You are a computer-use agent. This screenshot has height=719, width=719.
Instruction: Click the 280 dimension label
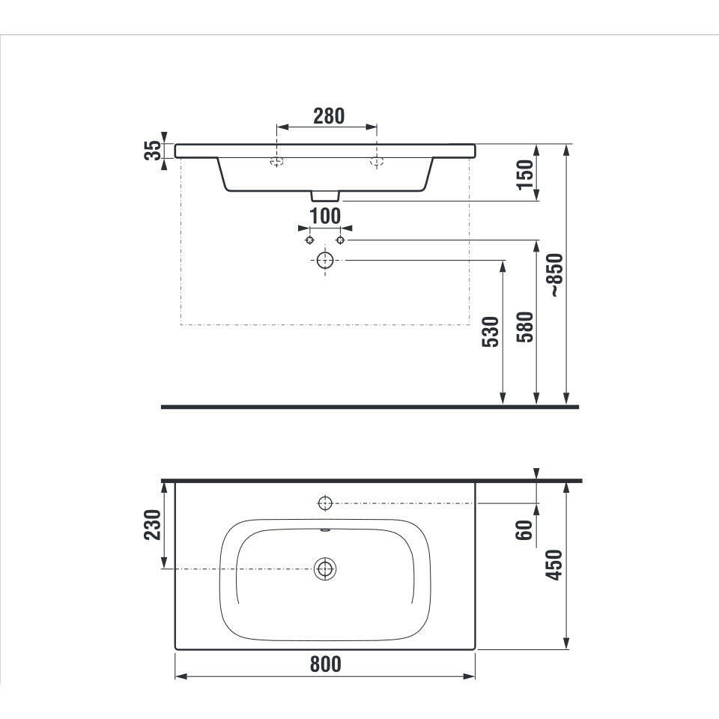click(329, 116)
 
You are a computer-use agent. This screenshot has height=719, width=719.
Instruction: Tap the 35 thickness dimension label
click(153, 151)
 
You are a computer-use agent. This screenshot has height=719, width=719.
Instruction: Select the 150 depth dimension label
click(525, 175)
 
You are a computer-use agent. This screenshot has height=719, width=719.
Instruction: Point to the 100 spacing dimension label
click(325, 216)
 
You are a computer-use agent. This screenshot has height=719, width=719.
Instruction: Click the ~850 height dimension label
click(556, 275)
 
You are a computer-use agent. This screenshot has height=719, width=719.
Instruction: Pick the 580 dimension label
click(525, 327)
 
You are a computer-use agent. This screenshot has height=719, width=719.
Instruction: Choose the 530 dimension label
click(490, 332)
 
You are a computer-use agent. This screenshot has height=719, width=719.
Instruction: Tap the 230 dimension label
click(153, 524)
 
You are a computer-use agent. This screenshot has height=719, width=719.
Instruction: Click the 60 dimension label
click(524, 530)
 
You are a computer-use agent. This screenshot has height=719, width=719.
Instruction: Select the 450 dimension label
click(555, 565)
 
